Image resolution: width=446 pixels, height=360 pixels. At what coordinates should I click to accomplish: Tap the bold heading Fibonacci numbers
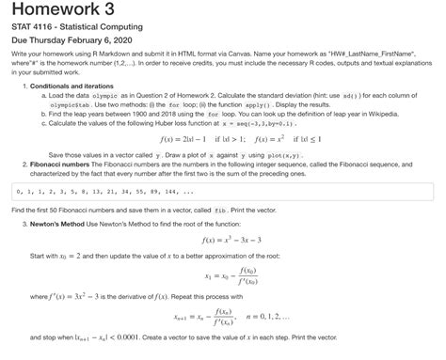click(67, 189)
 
